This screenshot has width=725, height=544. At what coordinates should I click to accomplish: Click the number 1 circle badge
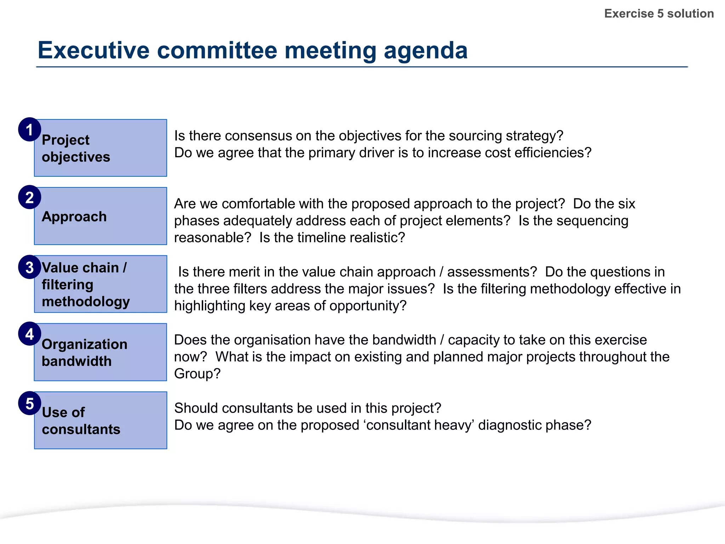(x=30, y=130)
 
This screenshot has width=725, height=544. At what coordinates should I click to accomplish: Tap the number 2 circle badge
(x=30, y=197)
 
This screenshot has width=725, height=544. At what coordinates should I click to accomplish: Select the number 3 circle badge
(x=30, y=267)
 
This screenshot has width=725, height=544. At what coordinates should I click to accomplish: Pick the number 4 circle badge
(x=30, y=334)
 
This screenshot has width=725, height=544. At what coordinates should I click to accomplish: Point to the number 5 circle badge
(x=30, y=403)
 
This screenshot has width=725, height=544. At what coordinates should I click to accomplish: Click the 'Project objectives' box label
(x=76, y=148)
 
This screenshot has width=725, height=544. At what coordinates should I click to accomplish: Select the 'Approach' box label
(x=74, y=216)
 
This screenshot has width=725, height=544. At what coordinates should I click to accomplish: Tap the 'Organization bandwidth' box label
(x=84, y=353)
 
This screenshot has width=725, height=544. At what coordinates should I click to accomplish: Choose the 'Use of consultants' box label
(x=81, y=421)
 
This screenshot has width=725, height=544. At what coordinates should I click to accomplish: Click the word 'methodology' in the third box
(x=86, y=302)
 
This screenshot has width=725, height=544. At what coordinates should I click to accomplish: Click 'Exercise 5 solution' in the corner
(x=659, y=13)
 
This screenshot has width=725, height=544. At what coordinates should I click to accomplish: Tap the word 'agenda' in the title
(x=426, y=50)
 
